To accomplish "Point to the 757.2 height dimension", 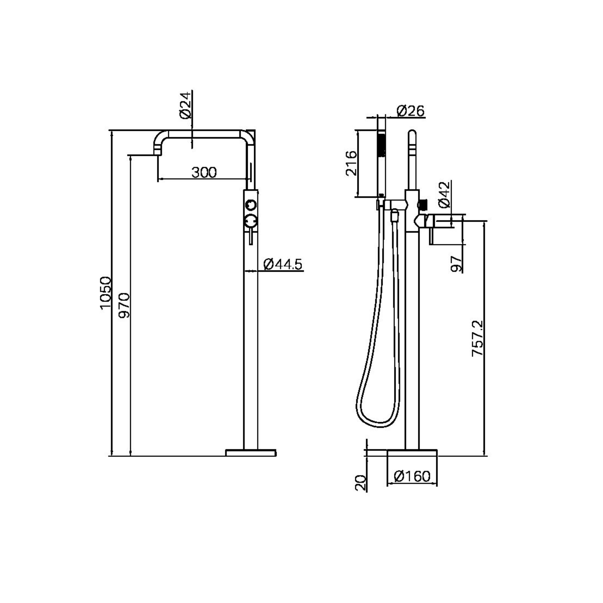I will point(478,338).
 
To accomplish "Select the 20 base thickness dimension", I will point(360,483).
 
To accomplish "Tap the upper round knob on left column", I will point(251,205).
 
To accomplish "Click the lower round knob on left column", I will point(251,221).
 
